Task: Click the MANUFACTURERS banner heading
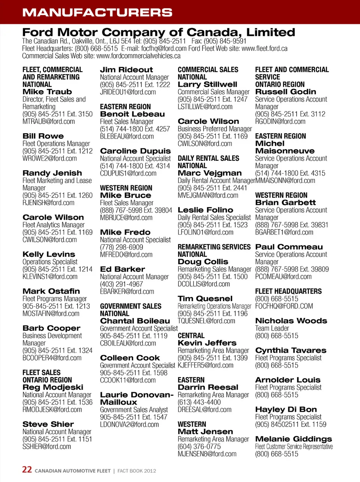(x=97, y=12)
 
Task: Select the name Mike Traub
(x=47, y=92)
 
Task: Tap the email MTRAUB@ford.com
(x=48, y=122)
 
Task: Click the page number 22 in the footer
(x=27, y=470)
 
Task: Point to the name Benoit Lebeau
(x=132, y=114)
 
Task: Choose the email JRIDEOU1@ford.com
(x=128, y=92)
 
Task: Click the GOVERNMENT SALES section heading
(x=130, y=306)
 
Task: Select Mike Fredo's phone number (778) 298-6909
(x=121, y=247)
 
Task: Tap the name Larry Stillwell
(x=207, y=84)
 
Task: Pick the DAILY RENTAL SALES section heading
(x=208, y=158)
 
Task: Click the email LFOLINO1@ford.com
(x=205, y=232)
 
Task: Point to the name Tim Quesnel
(x=205, y=299)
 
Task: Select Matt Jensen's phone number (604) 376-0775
(x=199, y=447)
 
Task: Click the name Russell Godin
(x=285, y=92)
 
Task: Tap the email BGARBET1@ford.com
(x=284, y=232)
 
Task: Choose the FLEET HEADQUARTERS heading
(x=288, y=291)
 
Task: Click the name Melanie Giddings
(x=294, y=439)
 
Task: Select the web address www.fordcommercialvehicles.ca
(x=138, y=56)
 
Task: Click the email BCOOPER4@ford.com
(x=52, y=358)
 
